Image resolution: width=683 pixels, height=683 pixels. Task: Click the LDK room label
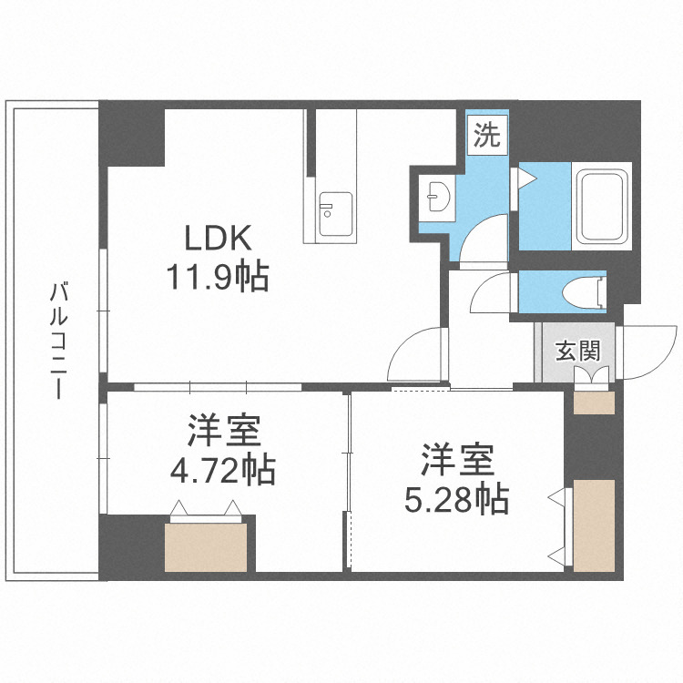point(218,239)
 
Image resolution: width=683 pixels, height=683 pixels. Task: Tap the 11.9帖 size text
point(217,275)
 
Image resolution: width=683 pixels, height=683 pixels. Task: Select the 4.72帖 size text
point(224,470)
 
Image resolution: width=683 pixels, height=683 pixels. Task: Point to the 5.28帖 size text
point(456,499)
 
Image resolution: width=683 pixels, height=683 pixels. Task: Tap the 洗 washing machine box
point(487,137)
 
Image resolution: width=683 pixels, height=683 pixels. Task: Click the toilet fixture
point(583,292)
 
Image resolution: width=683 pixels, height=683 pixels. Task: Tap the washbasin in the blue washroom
point(436,195)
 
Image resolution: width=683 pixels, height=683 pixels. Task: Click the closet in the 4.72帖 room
point(207,545)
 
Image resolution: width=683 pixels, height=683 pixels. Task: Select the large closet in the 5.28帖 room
point(595,525)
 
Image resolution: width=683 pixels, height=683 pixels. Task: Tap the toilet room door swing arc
point(492,293)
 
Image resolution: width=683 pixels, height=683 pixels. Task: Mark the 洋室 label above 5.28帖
point(456,460)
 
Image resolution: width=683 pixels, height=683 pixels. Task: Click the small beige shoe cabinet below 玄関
point(595,403)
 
